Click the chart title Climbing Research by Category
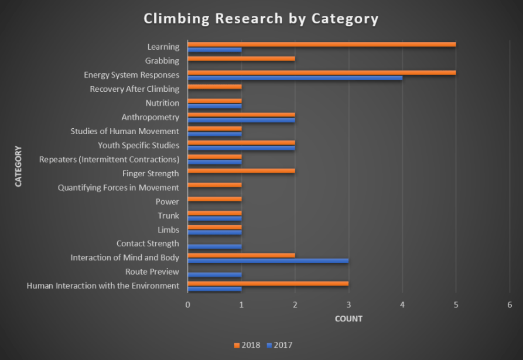coord(261,19)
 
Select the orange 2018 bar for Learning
coord(322,44)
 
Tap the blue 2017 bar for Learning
coord(214,50)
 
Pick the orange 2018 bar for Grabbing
coord(241,59)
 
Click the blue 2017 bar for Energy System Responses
coord(295,78)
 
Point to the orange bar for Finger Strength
coord(241,171)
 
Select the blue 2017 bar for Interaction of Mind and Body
coord(268,260)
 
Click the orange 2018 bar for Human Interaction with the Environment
coord(268,283)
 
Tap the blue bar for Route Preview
coord(214,275)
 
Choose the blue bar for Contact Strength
coord(214,246)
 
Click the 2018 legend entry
coord(248,345)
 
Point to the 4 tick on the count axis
coord(402,304)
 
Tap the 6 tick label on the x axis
coord(510,304)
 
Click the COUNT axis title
coord(348,319)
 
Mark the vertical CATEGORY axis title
coord(18,166)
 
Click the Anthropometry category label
coord(150,117)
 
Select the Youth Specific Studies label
coord(138,145)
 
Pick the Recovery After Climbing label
coord(134,89)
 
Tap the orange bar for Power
coord(214,199)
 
